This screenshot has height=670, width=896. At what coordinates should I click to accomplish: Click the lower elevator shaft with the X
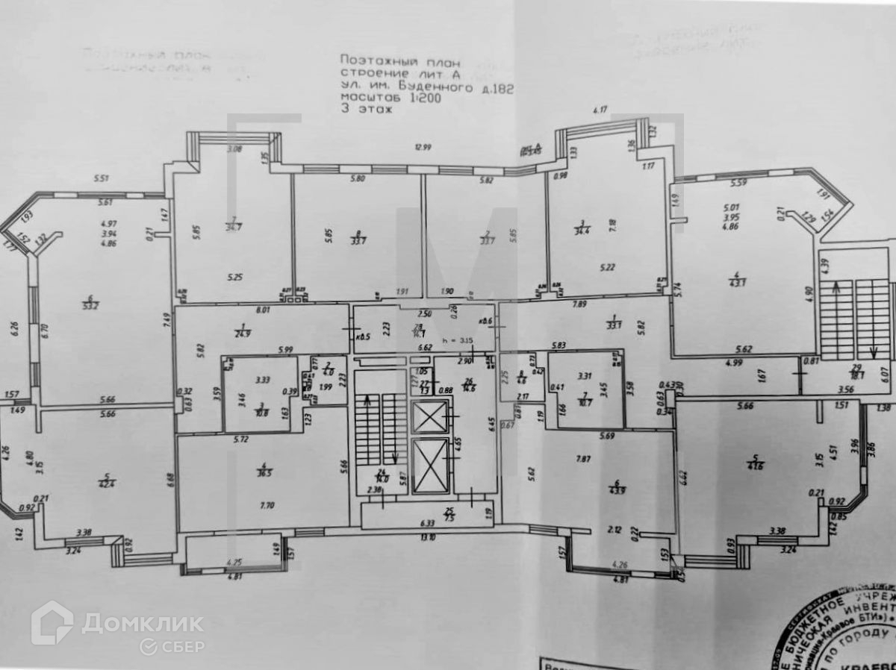431,466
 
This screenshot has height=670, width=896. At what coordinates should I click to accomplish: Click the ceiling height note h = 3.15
457,340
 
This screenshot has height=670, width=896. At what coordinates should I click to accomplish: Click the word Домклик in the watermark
142,622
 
